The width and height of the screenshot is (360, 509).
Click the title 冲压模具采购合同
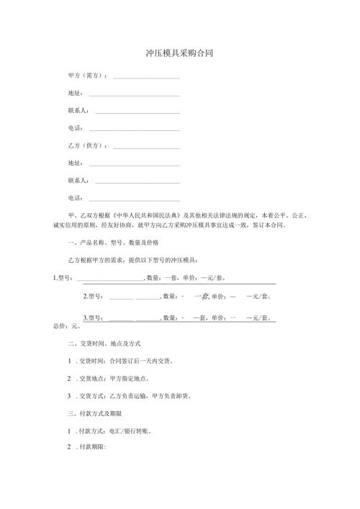coord(179,53)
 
